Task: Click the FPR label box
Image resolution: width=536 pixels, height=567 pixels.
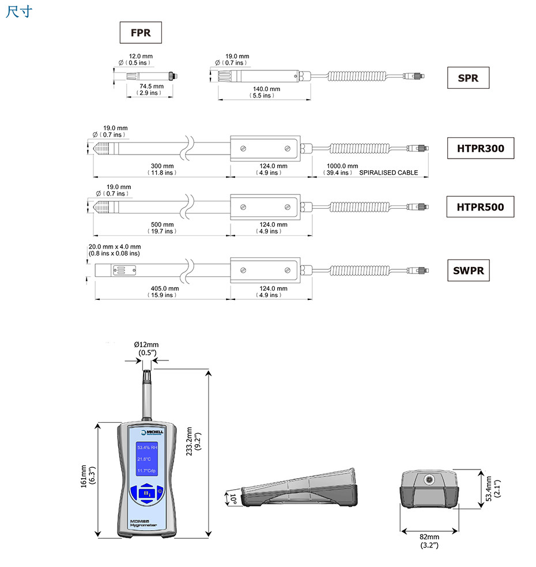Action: coord(140,33)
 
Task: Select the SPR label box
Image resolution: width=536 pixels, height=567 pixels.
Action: coord(468,78)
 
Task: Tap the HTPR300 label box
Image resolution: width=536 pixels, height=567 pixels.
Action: coord(480,148)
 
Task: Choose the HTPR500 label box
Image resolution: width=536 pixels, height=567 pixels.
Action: coord(480,206)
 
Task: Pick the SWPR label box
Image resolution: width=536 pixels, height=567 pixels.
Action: coord(468,270)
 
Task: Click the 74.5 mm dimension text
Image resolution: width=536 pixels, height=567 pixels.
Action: coord(148,87)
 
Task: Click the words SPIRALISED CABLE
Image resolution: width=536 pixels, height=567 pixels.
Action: coord(388,173)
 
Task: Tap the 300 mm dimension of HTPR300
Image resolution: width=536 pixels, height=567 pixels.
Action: coord(162,166)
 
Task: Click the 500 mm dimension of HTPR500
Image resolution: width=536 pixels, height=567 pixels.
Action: coord(162,224)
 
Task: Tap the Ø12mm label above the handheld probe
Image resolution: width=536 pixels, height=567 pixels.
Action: coord(147,345)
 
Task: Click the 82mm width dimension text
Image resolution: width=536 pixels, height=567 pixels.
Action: coord(429,537)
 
